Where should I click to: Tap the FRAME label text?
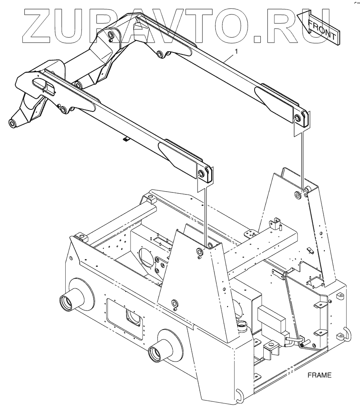click(x=319, y=375)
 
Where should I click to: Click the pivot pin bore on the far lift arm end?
click(x=296, y=117)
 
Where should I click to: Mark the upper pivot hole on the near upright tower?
click(x=200, y=251)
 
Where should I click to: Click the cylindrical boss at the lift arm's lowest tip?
click(x=13, y=123)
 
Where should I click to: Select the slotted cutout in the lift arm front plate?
click(x=45, y=87)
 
